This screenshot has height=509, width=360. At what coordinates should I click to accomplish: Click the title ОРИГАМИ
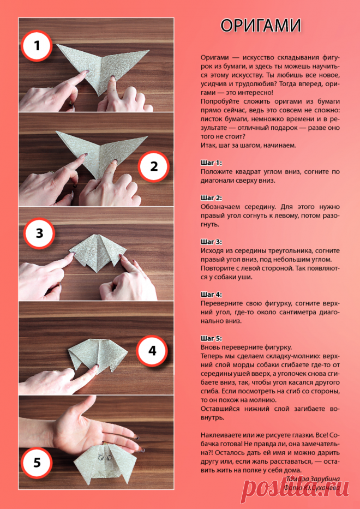click(260, 26)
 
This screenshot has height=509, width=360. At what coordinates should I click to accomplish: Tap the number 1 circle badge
click(37, 46)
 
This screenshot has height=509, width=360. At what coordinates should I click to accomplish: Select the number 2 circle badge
click(153, 166)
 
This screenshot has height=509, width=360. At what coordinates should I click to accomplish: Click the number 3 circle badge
click(39, 233)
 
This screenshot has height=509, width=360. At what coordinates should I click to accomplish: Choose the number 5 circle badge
click(37, 463)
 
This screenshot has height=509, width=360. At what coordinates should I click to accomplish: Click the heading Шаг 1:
click(211, 163)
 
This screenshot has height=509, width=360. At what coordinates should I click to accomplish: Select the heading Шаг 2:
click(211, 198)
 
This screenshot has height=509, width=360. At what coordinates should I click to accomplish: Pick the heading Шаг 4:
click(211, 295)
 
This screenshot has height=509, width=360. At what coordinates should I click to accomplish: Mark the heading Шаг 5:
click(211, 338)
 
